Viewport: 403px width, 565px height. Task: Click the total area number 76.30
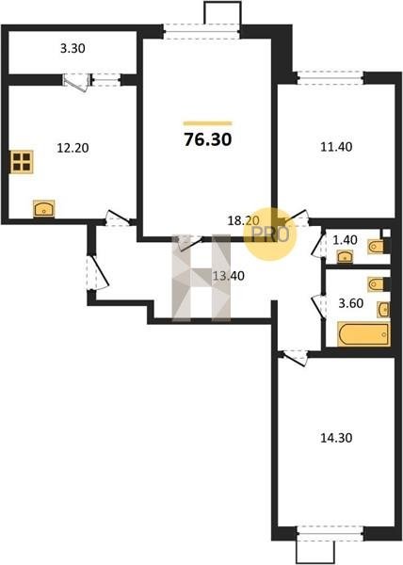207,139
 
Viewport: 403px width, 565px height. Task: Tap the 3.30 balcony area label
73,48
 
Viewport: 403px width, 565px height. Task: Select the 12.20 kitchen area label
73,148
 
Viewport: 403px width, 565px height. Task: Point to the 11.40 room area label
336,147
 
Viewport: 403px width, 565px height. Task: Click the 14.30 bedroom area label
336,438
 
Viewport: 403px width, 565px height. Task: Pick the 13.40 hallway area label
228,276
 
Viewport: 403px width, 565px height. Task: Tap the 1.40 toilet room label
345,240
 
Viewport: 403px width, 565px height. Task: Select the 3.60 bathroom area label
350,303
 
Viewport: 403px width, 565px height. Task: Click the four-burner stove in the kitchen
22,162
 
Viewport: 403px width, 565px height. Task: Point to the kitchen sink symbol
43,209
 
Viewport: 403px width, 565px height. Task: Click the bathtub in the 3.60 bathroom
363,334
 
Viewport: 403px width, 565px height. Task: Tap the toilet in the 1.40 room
379,247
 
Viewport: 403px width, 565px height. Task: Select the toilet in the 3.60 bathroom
379,284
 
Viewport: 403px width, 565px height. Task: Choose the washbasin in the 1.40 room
345,257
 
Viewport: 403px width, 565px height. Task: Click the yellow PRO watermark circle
269,234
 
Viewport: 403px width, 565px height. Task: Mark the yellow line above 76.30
207,123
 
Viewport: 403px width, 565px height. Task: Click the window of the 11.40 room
330,78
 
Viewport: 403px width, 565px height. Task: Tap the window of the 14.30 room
330,533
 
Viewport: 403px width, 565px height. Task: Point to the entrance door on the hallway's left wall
97,272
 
